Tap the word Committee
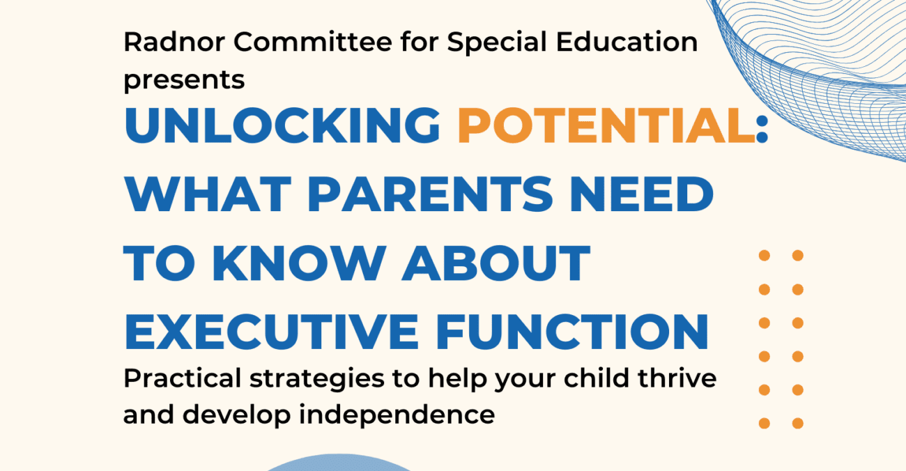(313, 42)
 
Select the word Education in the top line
(627, 42)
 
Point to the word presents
(184, 80)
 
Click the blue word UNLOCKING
(282, 125)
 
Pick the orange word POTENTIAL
(606, 125)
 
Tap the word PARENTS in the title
(430, 194)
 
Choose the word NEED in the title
(641, 194)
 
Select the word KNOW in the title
(299, 263)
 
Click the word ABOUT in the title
(496, 263)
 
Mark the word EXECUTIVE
(271, 332)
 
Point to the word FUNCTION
(572, 332)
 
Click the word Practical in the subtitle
(183, 379)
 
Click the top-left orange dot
(765, 256)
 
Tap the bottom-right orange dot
(797, 424)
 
